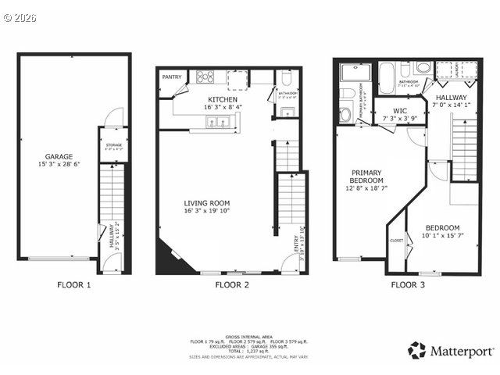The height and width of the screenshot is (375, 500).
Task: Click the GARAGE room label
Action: (59, 156)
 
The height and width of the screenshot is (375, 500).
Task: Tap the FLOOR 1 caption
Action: (74, 285)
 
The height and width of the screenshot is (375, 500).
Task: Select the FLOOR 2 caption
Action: (232, 285)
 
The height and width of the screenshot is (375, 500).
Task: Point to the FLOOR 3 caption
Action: (408, 285)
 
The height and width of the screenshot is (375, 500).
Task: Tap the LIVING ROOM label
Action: (208, 203)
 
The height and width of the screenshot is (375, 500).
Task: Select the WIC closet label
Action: (400, 111)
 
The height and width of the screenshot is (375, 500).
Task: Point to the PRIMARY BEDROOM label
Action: (366, 177)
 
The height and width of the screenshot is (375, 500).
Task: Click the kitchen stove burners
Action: (205, 77)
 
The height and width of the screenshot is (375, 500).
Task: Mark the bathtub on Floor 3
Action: (388, 79)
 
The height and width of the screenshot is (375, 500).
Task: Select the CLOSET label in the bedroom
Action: (396, 241)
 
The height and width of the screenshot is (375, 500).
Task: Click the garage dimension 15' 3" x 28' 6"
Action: (59, 165)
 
